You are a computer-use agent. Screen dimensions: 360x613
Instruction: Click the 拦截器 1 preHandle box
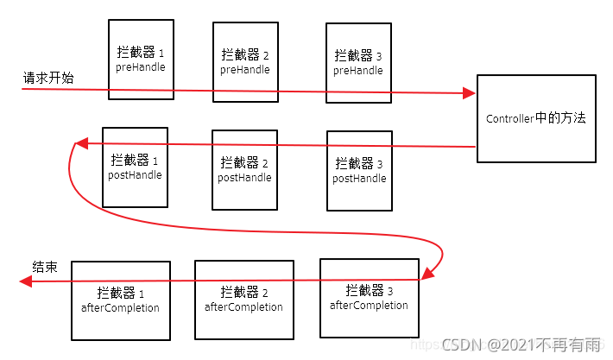tap(141, 59)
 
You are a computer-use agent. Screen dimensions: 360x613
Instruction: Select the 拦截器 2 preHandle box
tap(245, 62)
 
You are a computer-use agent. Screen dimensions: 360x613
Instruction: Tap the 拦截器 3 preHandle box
tap(358, 64)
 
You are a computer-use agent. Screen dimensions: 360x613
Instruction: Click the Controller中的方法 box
tap(536, 118)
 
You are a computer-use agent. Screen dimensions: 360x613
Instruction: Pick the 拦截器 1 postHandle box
tap(135, 167)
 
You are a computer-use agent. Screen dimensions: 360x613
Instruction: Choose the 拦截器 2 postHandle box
tap(245, 169)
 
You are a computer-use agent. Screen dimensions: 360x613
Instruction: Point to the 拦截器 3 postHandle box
tap(359, 170)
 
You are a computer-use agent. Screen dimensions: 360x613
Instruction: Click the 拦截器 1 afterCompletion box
tap(120, 300)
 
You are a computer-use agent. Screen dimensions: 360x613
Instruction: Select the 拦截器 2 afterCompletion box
tap(244, 299)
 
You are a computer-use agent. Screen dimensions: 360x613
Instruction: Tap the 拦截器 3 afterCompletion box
tap(370, 297)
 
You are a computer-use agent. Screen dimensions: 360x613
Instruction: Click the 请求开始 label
tap(48, 79)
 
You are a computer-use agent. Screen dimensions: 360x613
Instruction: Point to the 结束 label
tap(45, 267)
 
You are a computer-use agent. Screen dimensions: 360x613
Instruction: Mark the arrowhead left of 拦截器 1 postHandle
tap(79, 143)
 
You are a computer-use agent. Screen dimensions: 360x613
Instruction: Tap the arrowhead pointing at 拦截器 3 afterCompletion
tap(425, 276)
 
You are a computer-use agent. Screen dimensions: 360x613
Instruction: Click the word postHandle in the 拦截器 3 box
tap(359, 178)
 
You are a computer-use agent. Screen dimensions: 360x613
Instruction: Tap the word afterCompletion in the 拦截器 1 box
tap(120, 308)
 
